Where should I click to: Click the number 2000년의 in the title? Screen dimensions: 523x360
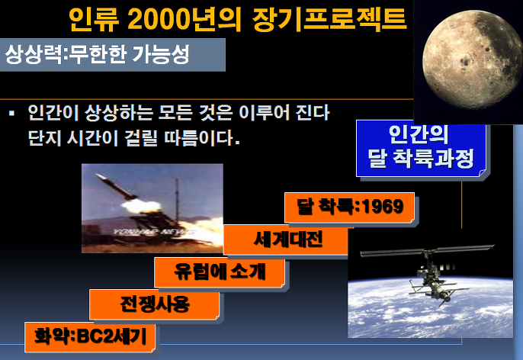tap(184, 18)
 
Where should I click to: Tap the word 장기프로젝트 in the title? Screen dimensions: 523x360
tap(329, 19)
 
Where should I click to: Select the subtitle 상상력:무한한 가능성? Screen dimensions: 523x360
tap(97, 54)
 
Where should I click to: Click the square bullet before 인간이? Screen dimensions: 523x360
tap(12, 114)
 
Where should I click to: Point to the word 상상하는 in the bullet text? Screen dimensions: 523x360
tap(118, 112)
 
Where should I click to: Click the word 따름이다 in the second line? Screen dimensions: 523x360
tap(198, 137)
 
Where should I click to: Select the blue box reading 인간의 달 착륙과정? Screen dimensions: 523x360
tap(421, 148)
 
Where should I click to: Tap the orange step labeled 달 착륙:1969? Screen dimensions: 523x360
tap(349, 207)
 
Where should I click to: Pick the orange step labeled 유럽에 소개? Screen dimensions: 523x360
tap(220, 272)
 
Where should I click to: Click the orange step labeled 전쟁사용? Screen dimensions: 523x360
tap(155, 304)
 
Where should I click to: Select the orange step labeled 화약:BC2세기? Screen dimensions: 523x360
tap(90, 336)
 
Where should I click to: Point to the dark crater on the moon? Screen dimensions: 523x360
tap(464, 61)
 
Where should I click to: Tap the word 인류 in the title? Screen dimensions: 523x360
tap(94, 19)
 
